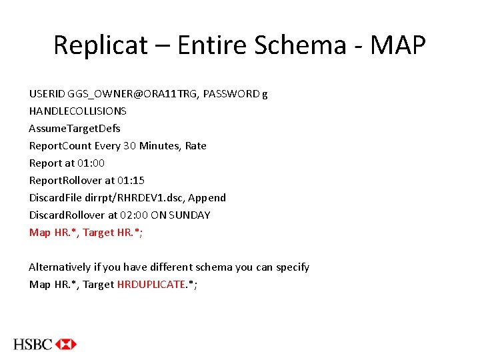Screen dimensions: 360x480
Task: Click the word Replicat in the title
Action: (101, 45)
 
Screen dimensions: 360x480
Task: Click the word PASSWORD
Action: (231, 94)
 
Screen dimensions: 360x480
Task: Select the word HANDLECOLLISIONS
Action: (77, 111)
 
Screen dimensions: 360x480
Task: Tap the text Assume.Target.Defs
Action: (75, 129)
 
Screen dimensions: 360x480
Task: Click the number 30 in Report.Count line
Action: (129, 146)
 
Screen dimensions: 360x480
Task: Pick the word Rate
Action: (196, 146)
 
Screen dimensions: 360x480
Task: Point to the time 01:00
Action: (91, 163)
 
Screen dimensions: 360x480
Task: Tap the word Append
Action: (207, 198)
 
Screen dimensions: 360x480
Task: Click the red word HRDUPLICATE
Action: (151, 285)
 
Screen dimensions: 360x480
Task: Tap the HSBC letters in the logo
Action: (33, 344)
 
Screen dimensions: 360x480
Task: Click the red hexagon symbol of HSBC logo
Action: (66, 344)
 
